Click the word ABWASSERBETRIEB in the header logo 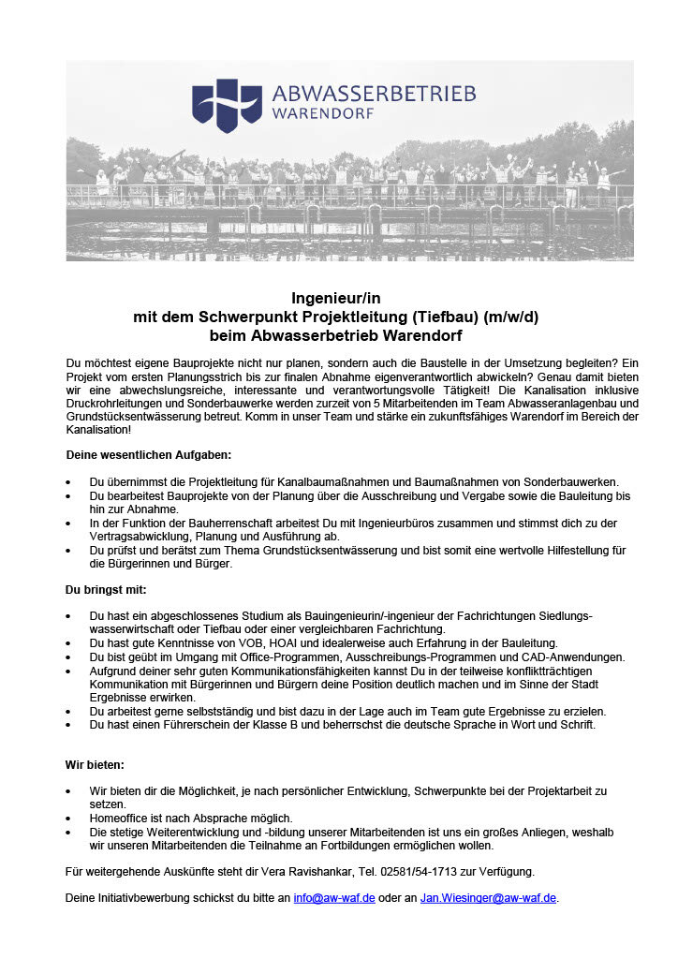coord(374,94)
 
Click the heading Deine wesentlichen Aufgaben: coord(148,454)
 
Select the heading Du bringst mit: coord(106,590)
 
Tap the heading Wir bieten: coord(95,764)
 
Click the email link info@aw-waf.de coord(334,897)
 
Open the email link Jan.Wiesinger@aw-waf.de coord(488,897)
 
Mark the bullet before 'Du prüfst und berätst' coord(68,552)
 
